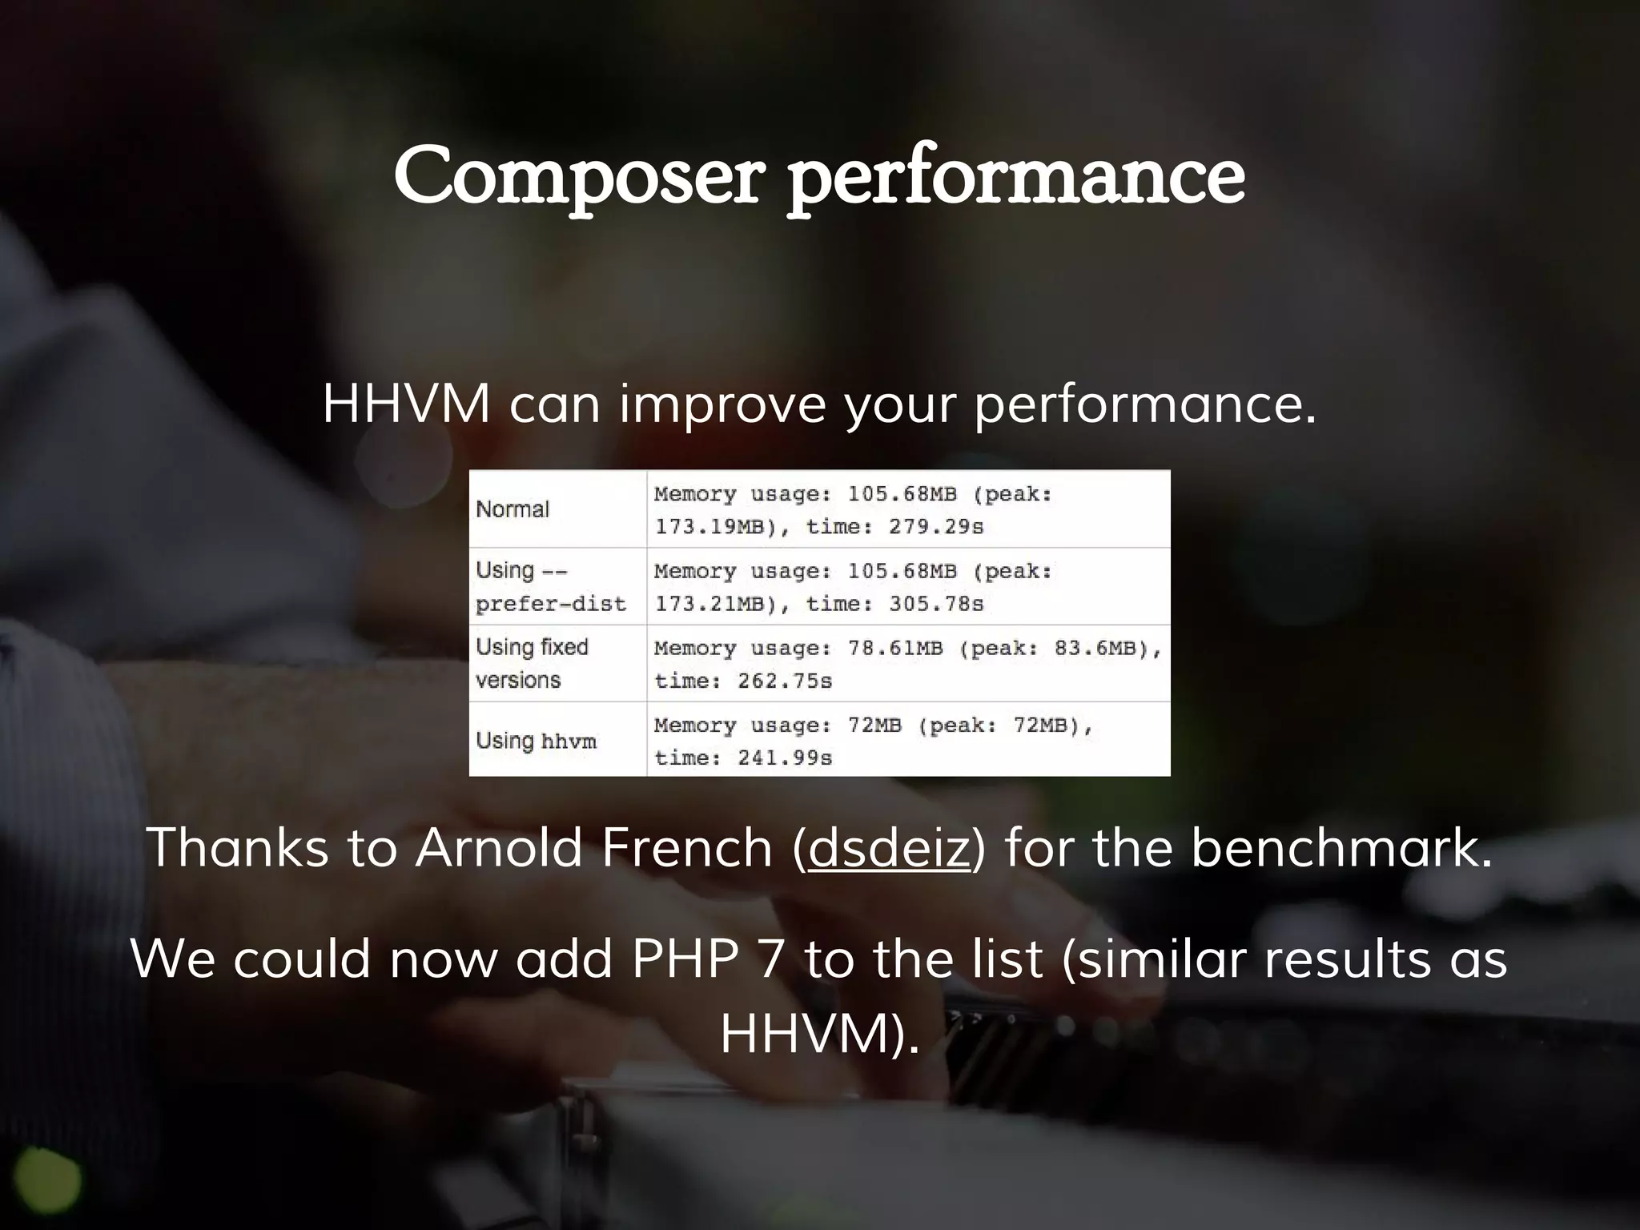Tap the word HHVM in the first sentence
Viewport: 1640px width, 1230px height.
pyautogui.click(x=406, y=404)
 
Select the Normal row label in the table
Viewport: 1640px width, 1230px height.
pyautogui.click(x=512, y=509)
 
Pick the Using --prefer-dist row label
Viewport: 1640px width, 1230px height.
pyautogui.click(x=550, y=587)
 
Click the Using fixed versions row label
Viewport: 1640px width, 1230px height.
pyautogui.click(x=532, y=663)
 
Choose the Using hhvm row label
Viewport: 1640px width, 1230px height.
pyautogui.click(x=536, y=741)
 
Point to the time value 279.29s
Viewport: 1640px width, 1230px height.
pyautogui.click(x=935, y=527)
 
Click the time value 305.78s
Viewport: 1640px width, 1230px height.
pyautogui.click(x=935, y=604)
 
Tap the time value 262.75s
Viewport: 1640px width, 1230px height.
pyautogui.click(x=785, y=681)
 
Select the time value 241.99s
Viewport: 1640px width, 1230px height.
pyautogui.click(x=785, y=758)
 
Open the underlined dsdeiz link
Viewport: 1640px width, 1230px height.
pyautogui.click(x=889, y=847)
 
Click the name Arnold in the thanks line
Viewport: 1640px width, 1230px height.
pyautogui.click(x=498, y=847)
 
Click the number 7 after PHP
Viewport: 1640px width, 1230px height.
pyautogui.click(x=770, y=959)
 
